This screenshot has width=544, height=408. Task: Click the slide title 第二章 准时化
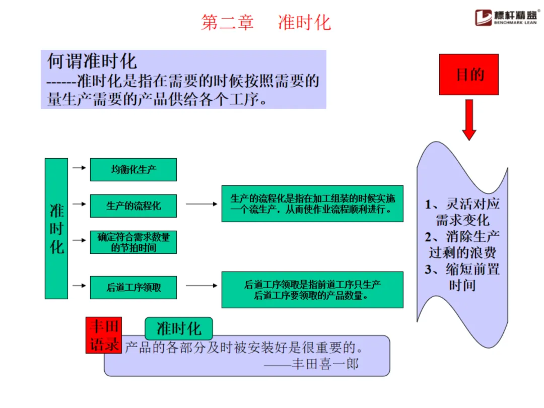[266, 23]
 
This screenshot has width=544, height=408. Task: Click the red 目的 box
[468, 75]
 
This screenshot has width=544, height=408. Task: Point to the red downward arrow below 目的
[469, 119]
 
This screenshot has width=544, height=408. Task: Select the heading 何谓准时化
[92, 61]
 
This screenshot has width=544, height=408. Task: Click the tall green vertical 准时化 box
[56, 229]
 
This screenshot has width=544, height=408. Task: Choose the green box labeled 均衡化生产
[133, 170]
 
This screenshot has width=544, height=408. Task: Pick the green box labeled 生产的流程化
[133, 206]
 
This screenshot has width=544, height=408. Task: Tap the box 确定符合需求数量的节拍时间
[133, 242]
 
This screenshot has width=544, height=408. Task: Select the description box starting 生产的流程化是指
[312, 203]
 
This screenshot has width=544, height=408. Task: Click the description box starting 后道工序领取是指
[312, 290]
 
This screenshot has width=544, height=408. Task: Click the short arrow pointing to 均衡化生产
[79, 168]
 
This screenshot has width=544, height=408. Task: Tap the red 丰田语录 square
[104, 335]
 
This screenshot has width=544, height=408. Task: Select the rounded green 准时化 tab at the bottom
[179, 329]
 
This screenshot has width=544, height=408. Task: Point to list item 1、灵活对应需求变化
[462, 212]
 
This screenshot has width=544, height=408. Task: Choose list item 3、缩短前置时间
[462, 277]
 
